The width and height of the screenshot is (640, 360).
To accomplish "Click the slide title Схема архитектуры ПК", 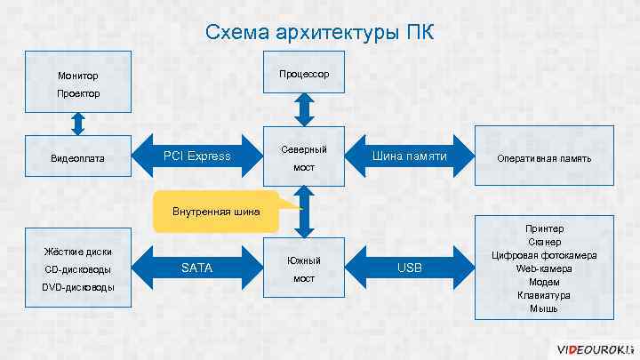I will coord(320,33).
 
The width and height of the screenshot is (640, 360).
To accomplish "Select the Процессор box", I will coord(304,73).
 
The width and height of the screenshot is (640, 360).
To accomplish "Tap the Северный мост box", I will coord(304,157).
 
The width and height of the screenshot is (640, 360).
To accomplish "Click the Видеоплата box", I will coord(78,158).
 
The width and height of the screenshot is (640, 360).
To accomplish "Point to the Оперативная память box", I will coord(544,158).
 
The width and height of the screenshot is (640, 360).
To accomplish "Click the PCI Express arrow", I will coord(197,157).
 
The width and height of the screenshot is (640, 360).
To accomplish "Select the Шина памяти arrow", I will coord(409,157).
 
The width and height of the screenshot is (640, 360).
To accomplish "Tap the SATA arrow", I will coord(197,268).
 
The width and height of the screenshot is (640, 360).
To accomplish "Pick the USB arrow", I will coord(409,268).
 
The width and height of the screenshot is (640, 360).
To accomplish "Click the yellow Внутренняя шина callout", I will coord(217,212).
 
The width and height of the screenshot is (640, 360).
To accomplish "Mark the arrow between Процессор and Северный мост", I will coord(304,110).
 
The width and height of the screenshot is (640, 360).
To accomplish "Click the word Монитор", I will coord(78,76).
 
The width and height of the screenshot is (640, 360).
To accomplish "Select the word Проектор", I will coord(78,93).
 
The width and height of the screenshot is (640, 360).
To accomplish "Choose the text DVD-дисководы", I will coord(78,287).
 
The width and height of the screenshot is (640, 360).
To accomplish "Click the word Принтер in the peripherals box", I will coord(544,228).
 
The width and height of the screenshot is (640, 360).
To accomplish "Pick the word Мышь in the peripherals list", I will coord(544,308).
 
